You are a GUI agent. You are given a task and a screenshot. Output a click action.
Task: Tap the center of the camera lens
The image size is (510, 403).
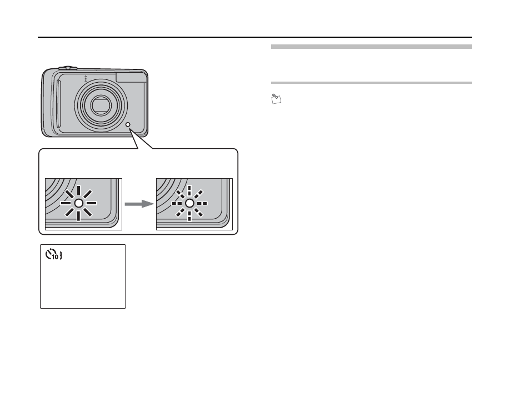pyautogui.click(x=101, y=104)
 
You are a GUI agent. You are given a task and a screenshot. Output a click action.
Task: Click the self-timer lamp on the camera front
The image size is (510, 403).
pyautogui.click(x=128, y=125)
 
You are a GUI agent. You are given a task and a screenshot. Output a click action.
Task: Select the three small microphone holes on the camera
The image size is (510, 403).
pyautogui.click(x=85, y=79)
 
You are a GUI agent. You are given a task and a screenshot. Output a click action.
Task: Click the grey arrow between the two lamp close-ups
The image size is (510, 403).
pyautogui.click(x=139, y=204)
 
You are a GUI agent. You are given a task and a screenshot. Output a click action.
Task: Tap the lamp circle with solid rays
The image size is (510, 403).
pyautogui.click(x=79, y=204)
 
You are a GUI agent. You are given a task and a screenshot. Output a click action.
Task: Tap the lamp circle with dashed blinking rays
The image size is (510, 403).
pyautogui.click(x=189, y=204)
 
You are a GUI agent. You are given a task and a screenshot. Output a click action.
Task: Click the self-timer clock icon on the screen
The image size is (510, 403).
pyautogui.click(x=50, y=255)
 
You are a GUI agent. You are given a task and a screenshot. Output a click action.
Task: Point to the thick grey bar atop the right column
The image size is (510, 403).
pyautogui.click(x=371, y=47)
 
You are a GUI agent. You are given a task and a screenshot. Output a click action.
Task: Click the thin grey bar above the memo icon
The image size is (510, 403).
pyautogui.click(x=371, y=83)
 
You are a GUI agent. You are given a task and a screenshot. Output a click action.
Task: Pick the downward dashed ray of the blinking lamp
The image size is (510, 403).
pyautogui.click(x=189, y=215)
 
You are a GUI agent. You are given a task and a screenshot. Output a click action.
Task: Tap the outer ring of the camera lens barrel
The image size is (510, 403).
pyautogui.click(x=81, y=104)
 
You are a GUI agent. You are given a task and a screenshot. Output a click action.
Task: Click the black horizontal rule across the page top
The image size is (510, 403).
pyautogui.click(x=255, y=38)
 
